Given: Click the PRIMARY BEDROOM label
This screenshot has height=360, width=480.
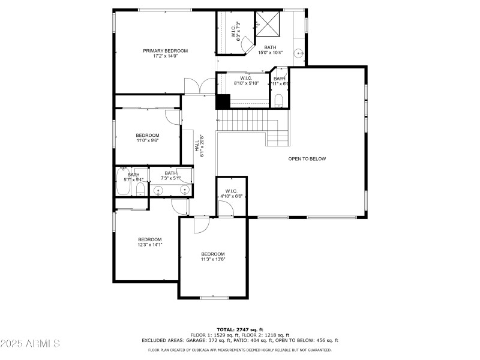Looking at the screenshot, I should point(165,51).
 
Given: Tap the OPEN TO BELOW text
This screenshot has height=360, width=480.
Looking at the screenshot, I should point(307,159).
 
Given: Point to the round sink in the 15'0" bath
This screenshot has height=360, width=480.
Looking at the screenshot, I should point(298,53).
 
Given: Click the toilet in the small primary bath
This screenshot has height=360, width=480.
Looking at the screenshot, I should point(279,100).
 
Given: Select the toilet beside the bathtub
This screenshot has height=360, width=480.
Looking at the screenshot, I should point(140,190).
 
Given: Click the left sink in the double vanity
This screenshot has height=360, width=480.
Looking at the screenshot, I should point(158,191).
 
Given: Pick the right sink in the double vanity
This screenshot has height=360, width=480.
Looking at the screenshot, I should point(185,191).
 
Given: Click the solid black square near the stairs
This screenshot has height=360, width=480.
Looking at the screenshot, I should point(223,102).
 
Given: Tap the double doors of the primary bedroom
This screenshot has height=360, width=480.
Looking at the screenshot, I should point(194,88).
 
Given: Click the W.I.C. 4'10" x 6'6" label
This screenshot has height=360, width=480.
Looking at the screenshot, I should point(231,194).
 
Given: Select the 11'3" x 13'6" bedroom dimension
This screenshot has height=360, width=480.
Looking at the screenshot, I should point(213,260).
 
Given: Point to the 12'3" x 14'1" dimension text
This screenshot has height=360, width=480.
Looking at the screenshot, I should point(150,245).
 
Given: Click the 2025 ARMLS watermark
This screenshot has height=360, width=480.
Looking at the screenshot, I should point(30,344).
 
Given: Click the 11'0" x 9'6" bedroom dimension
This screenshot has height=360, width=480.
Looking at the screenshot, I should point(148,141).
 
